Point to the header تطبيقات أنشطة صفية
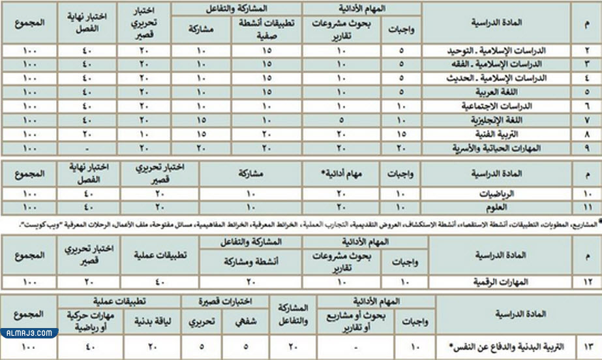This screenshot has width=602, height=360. pyautogui.click(x=270, y=29)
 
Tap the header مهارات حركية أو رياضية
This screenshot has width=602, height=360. pyautogui.click(x=88, y=320)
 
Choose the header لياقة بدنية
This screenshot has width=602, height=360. pyautogui.click(x=143, y=321)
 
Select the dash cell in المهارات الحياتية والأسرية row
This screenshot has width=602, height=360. pyautogui.click(x=89, y=149)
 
